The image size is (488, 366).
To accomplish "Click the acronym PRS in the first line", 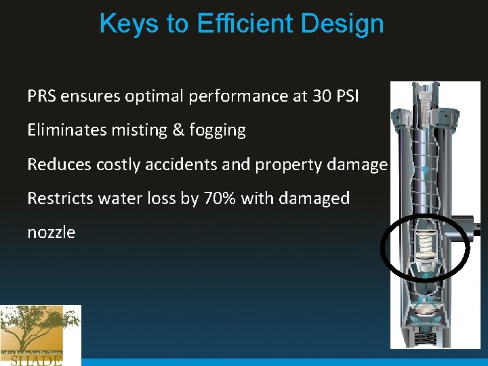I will tap(41, 96).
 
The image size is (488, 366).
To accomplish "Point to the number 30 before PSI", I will tap(322, 96).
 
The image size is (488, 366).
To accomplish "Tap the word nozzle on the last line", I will tap(52, 232).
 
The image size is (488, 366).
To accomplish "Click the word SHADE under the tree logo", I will tap(37, 360).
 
